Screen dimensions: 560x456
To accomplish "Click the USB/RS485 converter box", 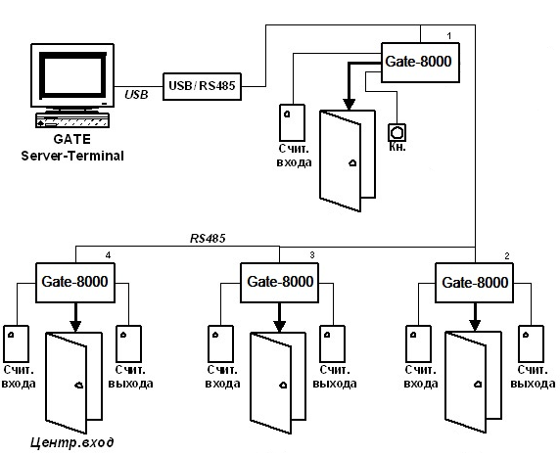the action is (x=202, y=86).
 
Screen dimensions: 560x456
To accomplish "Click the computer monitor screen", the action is (x=72, y=75).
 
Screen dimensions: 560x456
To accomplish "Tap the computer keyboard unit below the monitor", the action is (x=72, y=120).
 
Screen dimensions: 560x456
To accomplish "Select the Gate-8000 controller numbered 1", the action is (x=420, y=63).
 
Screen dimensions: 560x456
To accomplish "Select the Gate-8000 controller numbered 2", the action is (x=474, y=283).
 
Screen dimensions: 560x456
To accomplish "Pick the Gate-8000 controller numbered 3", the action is (x=279, y=283).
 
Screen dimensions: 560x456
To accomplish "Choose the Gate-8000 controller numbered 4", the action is (x=75, y=283).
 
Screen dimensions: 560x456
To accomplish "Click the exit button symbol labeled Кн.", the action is (x=397, y=132).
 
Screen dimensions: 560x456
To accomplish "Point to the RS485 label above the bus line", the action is (x=208, y=238).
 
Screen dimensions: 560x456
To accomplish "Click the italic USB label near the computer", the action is (x=136, y=95).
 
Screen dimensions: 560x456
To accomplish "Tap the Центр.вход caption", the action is (x=72, y=442).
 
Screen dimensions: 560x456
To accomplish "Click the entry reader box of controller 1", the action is (x=292, y=122).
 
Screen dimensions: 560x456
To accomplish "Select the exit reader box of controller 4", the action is (x=129, y=343).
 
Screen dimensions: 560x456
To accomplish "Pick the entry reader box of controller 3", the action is (x=220, y=343).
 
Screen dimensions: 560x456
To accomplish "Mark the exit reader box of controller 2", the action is (x=531, y=343).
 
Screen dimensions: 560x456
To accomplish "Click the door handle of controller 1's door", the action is (x=352, y=163).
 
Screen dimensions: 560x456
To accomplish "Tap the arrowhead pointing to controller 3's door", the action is (x=280, y=326).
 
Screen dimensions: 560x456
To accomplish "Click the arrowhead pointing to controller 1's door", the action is (x=349, y=104).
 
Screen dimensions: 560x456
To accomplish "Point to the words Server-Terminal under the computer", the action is (x=72, y=156).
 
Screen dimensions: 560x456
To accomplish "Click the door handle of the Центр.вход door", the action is (x=79, y=385).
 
